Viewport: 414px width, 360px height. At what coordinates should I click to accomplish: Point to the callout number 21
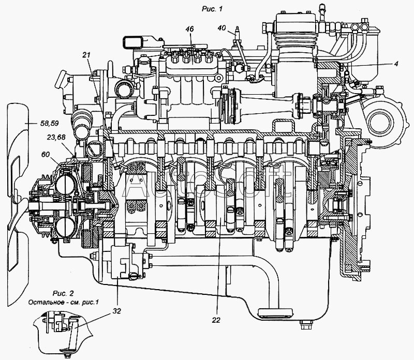coord(86,54)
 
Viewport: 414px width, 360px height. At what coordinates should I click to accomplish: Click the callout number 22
coord(216,320)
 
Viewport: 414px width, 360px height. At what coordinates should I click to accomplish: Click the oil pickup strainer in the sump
coord(276,312)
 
